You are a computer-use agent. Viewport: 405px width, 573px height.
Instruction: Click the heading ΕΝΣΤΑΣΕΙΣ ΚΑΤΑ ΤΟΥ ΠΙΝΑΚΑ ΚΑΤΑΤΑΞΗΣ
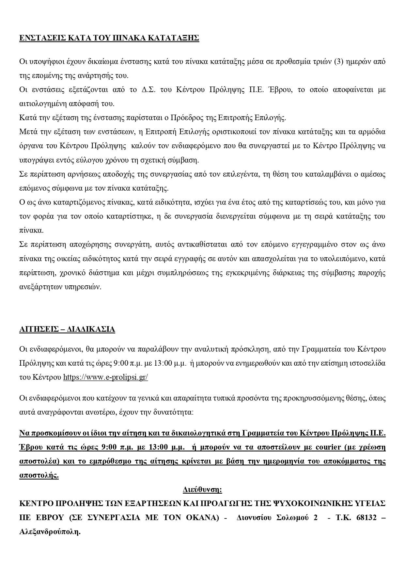point(109,38)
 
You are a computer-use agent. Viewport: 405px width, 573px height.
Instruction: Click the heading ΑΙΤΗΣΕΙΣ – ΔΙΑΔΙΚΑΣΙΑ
point(67,329)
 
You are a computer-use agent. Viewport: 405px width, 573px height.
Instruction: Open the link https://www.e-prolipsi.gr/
point(105,377)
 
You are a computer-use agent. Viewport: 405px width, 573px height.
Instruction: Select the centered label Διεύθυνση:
point(202,490)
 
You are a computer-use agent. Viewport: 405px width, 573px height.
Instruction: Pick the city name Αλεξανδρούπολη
point(50,532)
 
